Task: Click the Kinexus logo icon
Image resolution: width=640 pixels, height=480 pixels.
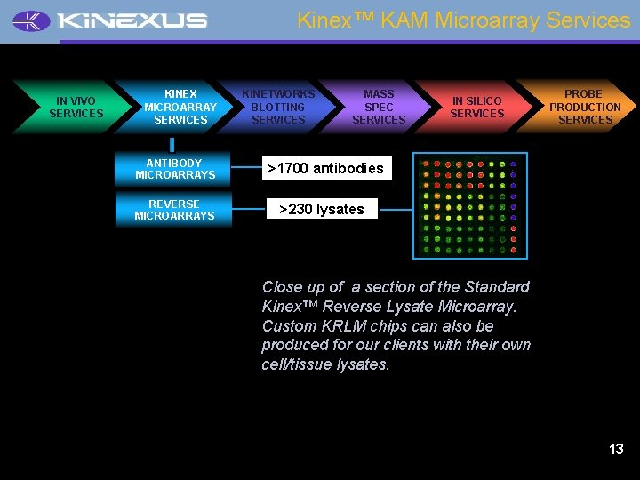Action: point(32,20)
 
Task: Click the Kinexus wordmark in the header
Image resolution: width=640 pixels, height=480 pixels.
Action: point(132,20)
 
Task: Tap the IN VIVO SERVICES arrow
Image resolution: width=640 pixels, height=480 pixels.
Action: point(75,108)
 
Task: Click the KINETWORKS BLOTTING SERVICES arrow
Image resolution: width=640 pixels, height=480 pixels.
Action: point(278,107)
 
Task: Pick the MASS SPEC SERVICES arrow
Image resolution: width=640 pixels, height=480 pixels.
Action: point(379,107)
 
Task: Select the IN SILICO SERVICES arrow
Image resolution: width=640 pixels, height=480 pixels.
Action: point(476,108)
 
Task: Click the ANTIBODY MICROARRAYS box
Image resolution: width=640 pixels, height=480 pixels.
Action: point(174,169)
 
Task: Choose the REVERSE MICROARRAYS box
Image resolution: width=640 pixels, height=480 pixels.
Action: point(174,210)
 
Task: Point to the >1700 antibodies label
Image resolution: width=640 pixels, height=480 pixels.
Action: point(325,168)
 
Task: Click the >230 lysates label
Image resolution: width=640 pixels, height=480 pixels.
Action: point(322,209)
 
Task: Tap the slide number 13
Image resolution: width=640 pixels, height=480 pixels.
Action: point(616,449)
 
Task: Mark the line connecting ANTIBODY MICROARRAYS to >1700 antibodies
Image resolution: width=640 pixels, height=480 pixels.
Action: point(246,168)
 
